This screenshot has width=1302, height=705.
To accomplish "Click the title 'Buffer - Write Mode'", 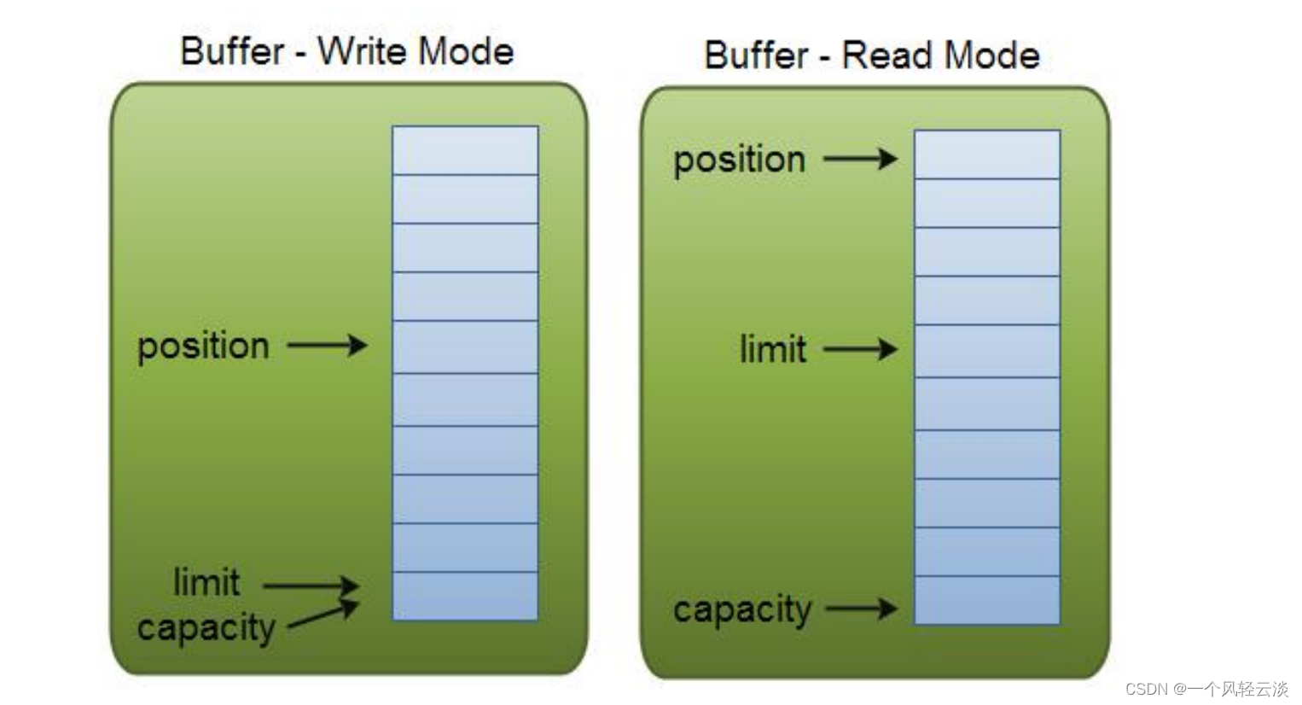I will tap(346, 51).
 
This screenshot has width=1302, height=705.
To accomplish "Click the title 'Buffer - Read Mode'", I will tap(871, 55).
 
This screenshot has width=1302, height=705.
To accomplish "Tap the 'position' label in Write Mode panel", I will tap(203, 347).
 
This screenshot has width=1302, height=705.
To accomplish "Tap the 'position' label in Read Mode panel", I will tap(739, 160).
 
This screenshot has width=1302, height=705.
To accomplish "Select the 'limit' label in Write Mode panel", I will tap(206, 583).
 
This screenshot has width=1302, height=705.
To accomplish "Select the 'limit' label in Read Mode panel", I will tap(772, 349).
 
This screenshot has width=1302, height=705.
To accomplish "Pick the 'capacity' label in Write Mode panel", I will tap(206, 628).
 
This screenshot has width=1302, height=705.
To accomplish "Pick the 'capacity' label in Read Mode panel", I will tap(742, 609).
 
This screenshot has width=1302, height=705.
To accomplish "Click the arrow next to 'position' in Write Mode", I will tap(327, 346).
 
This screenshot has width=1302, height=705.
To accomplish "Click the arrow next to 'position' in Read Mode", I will tap(860, 159).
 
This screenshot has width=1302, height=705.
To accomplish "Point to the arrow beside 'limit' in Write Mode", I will tap(311, 586).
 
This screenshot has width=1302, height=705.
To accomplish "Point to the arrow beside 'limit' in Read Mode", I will tap(860, 349).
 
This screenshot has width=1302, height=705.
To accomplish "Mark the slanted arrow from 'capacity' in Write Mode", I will tap(323, 616).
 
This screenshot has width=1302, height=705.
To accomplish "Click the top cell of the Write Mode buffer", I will tap(465, 150).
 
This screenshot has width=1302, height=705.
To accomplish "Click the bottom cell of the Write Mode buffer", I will tap(465, 596).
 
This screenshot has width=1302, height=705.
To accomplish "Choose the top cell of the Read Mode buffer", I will tap(987, 154).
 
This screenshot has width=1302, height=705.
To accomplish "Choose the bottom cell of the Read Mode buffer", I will tap(987, 600).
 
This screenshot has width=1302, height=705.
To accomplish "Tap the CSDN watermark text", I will tap(1206, 689).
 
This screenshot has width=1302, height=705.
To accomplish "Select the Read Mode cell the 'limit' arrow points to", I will tap(987, 351).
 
